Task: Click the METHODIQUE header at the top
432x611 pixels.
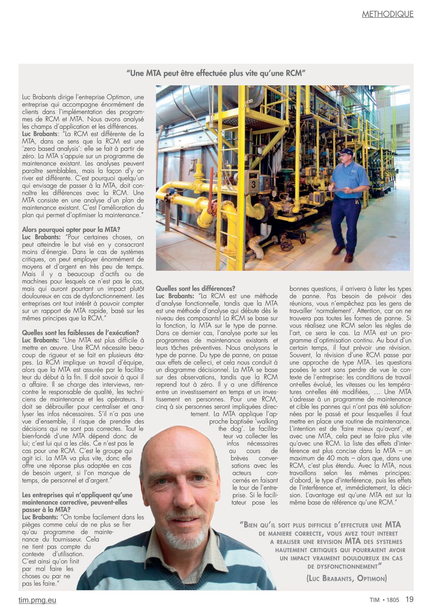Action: point(387,14)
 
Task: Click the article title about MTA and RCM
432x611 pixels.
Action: point(216,74)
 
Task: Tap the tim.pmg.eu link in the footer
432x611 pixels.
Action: point(37,600)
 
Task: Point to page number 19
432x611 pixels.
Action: point(409,600)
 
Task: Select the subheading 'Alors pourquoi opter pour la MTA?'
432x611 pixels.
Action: point(71,230)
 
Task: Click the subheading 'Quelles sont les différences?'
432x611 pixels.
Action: point(196,289)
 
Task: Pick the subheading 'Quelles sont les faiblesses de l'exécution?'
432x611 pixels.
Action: point(80,333)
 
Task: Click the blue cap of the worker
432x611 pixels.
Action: point(345,152)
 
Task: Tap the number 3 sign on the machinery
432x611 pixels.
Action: point(253,185)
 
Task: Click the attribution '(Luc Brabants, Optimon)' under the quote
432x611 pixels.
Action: point(346,578)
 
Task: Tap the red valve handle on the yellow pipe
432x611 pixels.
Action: point(211,186)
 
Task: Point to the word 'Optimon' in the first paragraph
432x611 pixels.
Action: point(119,97)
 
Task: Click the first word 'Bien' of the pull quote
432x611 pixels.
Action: point(251,525)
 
